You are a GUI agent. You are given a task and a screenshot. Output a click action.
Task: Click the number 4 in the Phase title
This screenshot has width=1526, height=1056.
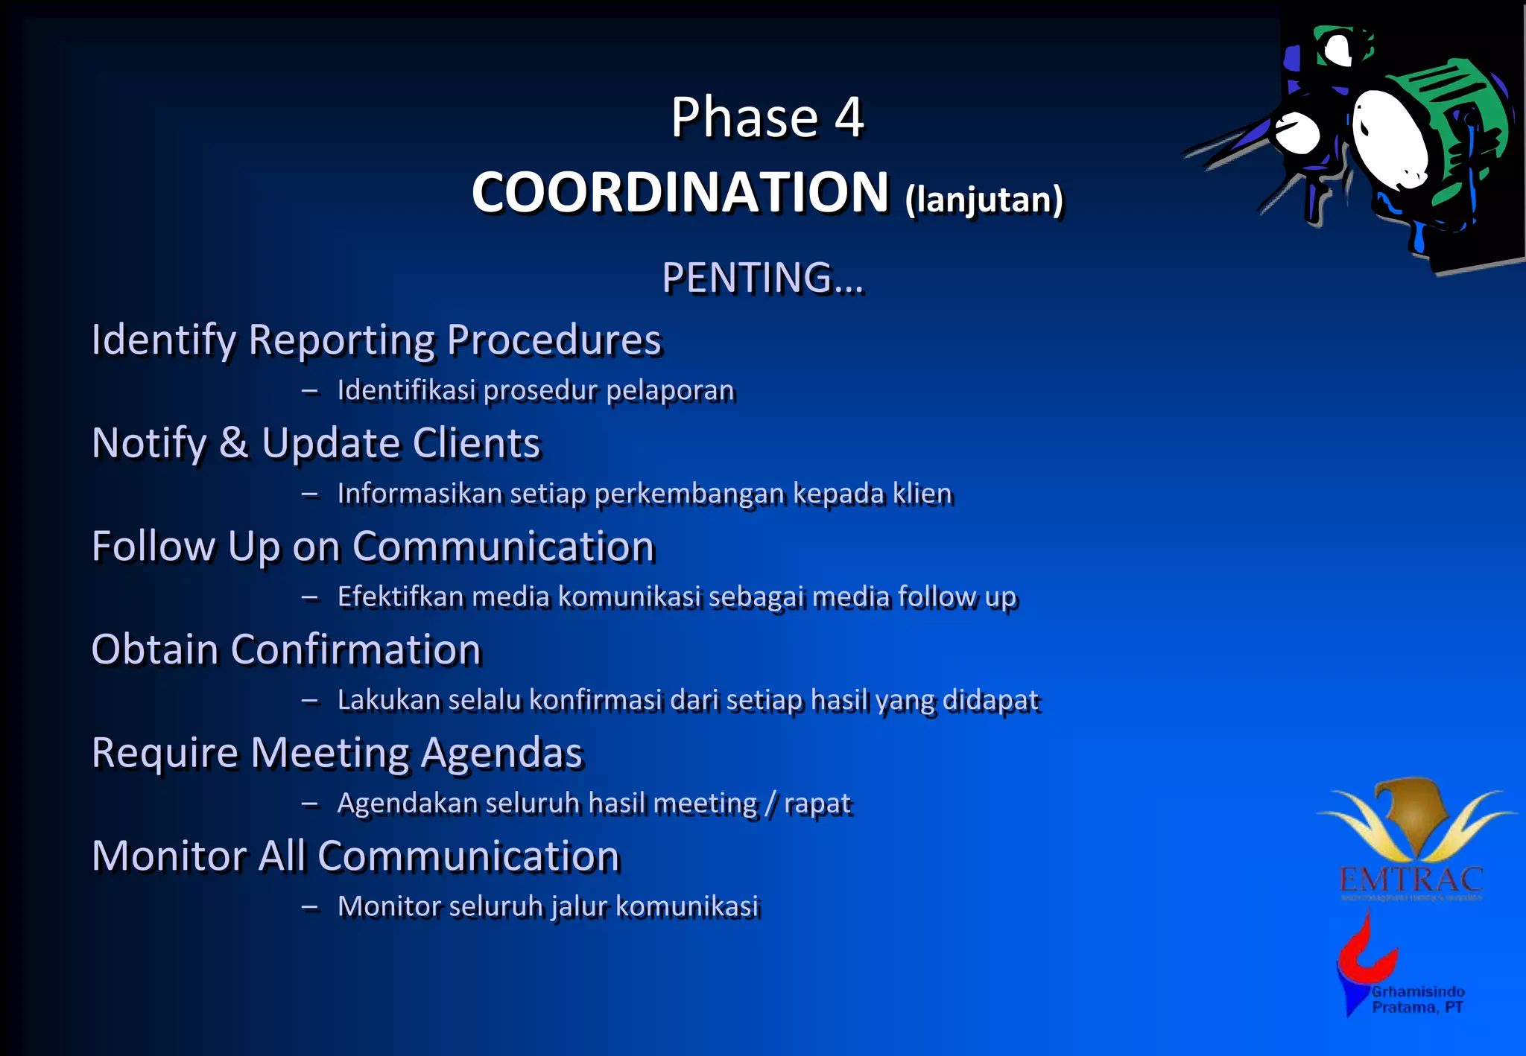pos(849,118)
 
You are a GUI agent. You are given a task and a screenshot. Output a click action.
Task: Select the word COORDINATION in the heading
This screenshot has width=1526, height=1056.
pos(680,192)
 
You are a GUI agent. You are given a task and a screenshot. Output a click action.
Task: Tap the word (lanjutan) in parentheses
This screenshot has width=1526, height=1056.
pos(984,200)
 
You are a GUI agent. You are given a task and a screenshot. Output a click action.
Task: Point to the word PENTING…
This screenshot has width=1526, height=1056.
pos(762,278)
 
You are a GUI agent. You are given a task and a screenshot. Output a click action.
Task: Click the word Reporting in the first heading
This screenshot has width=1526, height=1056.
pos(341,340)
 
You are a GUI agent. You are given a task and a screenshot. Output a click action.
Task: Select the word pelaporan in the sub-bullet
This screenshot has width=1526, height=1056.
pos(670,390)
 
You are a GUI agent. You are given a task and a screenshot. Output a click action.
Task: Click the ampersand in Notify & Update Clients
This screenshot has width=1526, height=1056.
pos(233,442)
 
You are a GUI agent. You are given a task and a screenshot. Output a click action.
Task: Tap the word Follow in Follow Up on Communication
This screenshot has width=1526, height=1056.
pos(153,546)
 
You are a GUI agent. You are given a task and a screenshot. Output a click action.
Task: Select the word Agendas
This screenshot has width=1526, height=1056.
pos(501,753)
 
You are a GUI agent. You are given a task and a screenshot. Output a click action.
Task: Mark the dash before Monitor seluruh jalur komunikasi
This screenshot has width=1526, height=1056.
pos(310,907)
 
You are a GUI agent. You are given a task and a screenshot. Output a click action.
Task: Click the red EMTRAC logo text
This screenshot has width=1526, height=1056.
pos(1411,880)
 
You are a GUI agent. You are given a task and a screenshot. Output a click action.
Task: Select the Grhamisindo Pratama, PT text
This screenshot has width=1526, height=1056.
pos(1417,999)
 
